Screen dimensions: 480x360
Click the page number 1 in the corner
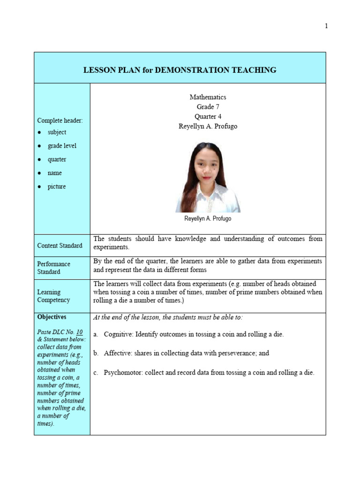[x=326, y=26]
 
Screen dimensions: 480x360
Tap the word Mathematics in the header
[x=208, y=97]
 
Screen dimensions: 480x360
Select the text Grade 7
[x=208, y=107]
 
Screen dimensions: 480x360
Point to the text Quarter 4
[x=208, y=117]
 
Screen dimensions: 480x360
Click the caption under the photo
[x=208, y=218]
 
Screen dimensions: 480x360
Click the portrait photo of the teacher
[x=208, y=177]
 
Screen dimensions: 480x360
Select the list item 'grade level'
[x=62, y=146]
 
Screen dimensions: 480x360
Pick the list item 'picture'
[x=57, y=187]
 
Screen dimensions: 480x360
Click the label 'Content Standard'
[x=60, y=246]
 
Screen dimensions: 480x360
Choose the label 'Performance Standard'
[x=54, y=268]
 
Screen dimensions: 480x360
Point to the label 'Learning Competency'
[x=53, y=296]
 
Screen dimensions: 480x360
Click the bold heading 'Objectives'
[x=52, y=317]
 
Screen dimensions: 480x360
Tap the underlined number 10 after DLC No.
[x=79, y=332]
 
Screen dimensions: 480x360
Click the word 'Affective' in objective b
[x=118, y=353]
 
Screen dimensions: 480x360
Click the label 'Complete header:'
[x=60, y=120]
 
